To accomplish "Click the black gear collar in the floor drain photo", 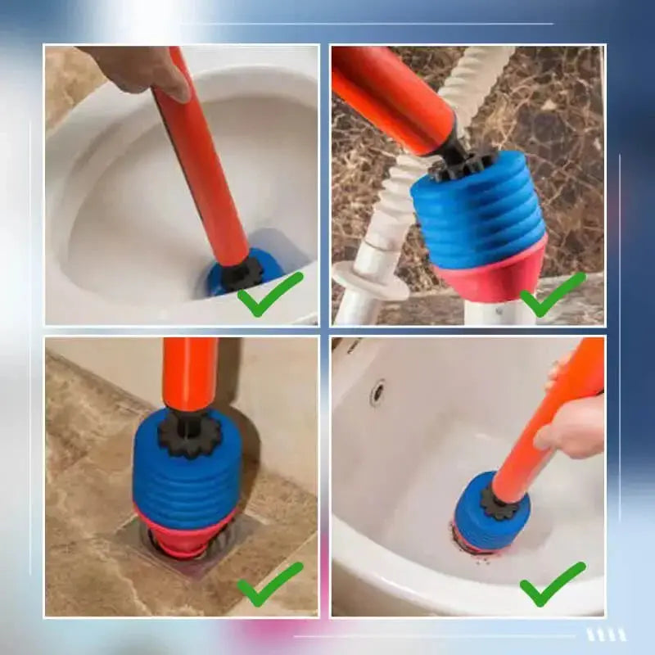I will coord(190,435).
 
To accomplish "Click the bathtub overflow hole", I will coord(377,393).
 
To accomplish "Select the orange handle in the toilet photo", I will coord(201,164).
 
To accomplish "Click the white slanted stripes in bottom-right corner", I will coord(606,635).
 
